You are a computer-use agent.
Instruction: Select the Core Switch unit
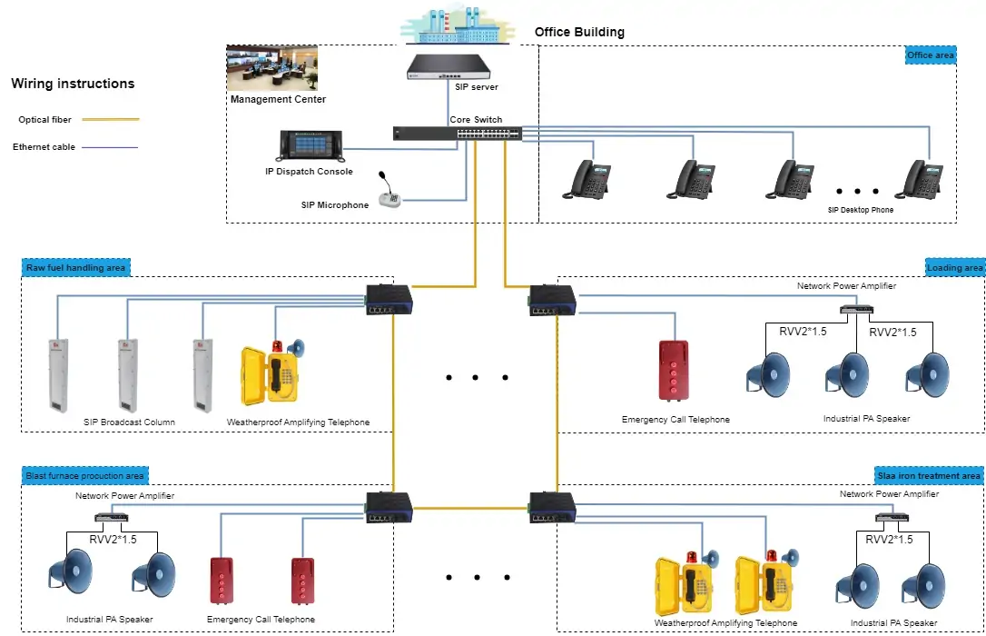[x=457, y=133]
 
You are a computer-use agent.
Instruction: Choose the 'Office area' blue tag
[x=930, y=55]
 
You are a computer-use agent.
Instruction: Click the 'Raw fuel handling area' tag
[x=76, y=267]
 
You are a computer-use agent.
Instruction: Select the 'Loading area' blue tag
[x=954, y=267]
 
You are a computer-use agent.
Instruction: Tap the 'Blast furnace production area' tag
[x=84, y=476]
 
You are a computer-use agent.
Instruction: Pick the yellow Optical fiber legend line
[x=110, y=119]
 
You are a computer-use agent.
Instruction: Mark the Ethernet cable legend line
[x=110, y=147]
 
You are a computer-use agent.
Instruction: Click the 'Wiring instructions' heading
[x=73, y=84]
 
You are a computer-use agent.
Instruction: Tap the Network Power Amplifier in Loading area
[x=856, y=308]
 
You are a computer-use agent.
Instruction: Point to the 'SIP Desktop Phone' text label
[x=860, y=210]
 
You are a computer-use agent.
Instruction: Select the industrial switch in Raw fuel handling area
[x=389, y=298]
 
